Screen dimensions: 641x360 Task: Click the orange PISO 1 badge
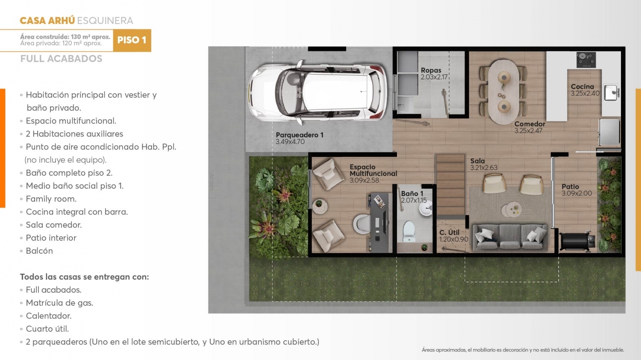pyautogui.click(x=132, y=40)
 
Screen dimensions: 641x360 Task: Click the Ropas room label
pyautogui.click(x=431, y=70)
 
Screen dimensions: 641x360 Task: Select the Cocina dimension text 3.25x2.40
pyautogui.click(x=585, y=94)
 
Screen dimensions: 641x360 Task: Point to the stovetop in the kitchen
pyautogui.click(x=586, y=60)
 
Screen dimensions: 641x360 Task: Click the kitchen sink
pyautogui.click(x=612, y=92)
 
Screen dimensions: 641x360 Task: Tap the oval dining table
pyautogui.click(x=504, y=91)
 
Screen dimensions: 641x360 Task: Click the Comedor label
pyautogui.click(x=530, y=124)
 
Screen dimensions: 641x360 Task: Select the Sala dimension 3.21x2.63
pyautogui.click(x=483, y=168)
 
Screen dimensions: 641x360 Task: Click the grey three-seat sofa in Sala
pyautogui.click(x=510, y=237)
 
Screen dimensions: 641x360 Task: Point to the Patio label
pyautogui.click(x=570, y=187)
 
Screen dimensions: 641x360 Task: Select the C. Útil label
pyautogui.click(x=449, y=232)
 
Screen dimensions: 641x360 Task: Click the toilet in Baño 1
pyautogui.click(x=409, y=231)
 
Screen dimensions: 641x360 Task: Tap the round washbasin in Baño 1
pyautogui.click(x=426, y=209)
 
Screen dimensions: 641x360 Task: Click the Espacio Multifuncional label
pyautogui.click(x=373, y=170)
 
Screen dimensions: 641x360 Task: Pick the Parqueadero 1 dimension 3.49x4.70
pyautogui.click(x=290, y=142)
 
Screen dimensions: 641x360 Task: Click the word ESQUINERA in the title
pyautogui.click(x=105, y=20)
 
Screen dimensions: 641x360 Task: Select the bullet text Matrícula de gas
pyautogui.click(x=59, y=303)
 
